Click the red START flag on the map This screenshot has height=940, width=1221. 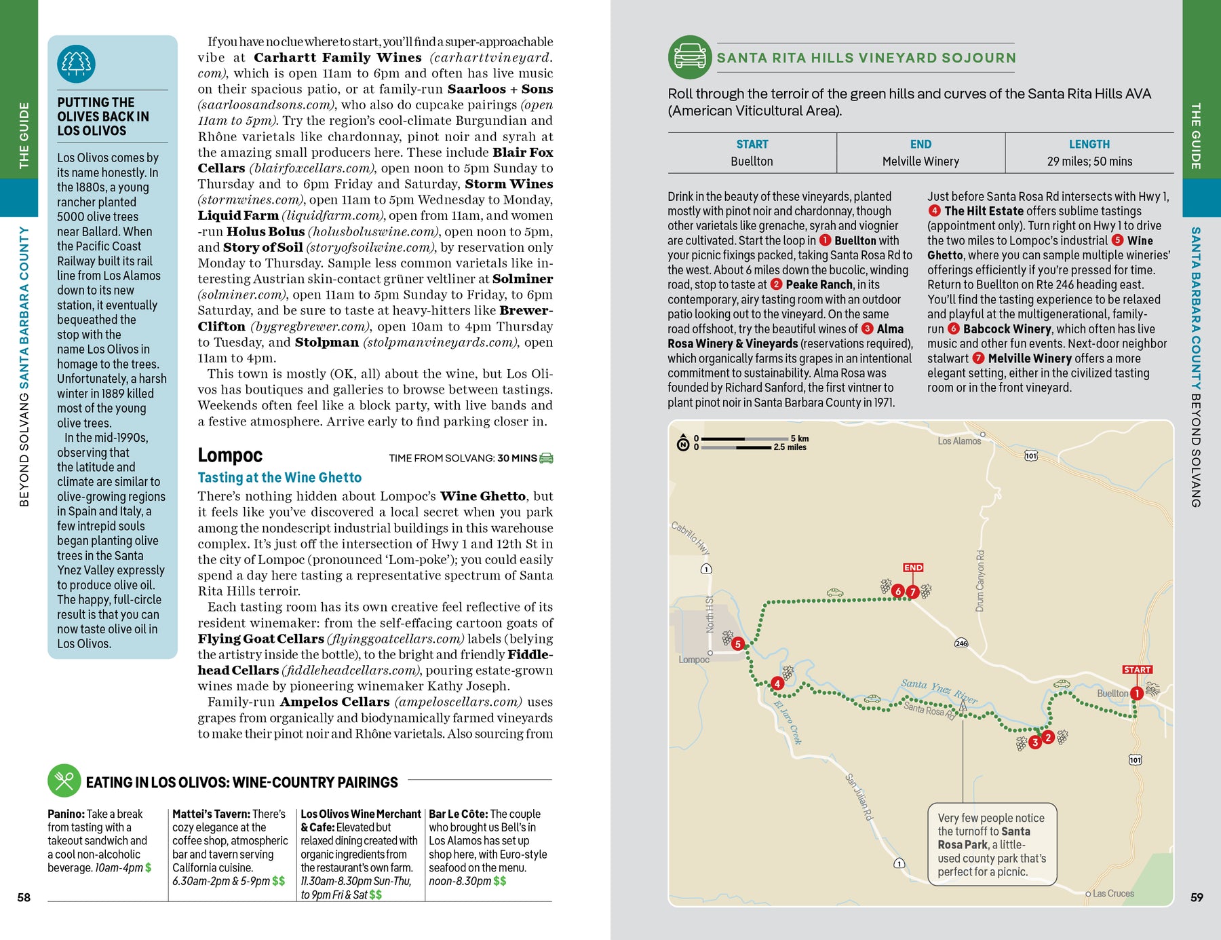[1137, 670]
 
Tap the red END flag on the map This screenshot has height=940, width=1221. [913, 567]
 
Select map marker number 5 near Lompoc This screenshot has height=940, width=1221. [738, 643]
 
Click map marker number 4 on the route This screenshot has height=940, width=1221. [777, 683]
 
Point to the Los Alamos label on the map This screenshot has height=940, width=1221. [959, 441]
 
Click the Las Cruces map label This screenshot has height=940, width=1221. [1112, 894]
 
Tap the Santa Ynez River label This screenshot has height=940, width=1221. [939, 690]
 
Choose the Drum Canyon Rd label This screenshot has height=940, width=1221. [980, 581]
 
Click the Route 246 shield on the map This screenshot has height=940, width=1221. [961, 643]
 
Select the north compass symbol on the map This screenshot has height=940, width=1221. [684, 444]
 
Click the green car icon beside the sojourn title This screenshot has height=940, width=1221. [690, 57]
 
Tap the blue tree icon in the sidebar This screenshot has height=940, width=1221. [76, 64]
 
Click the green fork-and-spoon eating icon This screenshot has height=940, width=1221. [64, 781]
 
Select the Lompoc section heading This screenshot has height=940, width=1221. [230, 455]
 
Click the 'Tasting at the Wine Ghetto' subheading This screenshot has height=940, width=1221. [279, 478]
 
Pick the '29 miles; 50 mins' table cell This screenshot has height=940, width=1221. [1089, 162]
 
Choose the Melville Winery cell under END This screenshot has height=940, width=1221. [920, 162]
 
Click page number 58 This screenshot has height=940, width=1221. [24, 897]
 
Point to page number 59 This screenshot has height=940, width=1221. [1197, 897]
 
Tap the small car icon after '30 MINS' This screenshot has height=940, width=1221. [546, 458]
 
